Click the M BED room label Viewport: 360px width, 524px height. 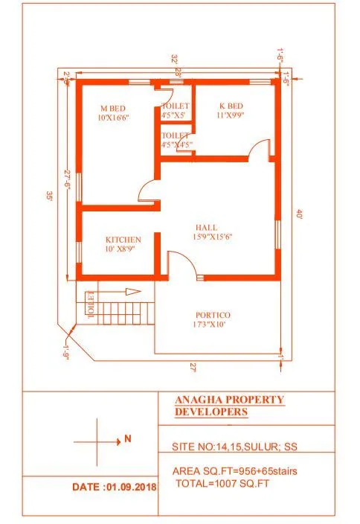tap(113, 108)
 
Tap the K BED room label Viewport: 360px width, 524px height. tap(231, 106)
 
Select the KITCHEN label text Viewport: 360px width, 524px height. tap(123, 239)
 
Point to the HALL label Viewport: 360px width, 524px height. tap(207, 227)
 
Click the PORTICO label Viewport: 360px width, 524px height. tap(213, 315)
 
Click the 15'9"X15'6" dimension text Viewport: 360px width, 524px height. tap(213, 237)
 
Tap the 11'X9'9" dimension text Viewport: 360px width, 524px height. tap(231, 116)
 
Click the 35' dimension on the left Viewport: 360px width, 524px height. tap(48, 196)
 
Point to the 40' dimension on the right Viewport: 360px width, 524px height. tap(299, 214)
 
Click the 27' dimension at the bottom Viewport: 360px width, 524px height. tap(193, 367)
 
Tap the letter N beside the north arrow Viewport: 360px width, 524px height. tap(128, 439)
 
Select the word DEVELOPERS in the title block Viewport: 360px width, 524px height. tap(211, 412)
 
